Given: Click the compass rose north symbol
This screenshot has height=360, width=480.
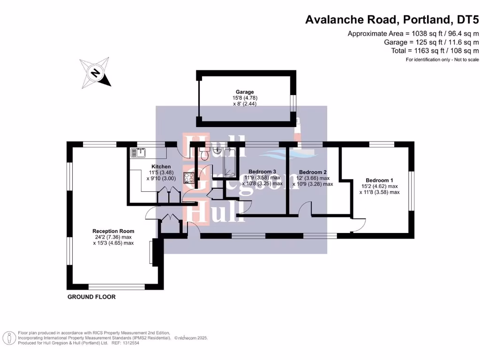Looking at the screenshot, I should tap(96, 73).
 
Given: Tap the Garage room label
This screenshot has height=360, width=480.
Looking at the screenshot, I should tap(245, 92).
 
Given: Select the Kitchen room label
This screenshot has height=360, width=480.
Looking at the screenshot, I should tap(161, 167).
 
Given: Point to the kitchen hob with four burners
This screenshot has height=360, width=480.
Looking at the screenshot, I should tap(189, 178).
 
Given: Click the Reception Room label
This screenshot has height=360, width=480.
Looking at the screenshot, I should tap(113, 231).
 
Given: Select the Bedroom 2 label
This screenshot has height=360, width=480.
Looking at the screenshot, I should tap(312, 172).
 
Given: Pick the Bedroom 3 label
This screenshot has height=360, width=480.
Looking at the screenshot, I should tap(262, 172).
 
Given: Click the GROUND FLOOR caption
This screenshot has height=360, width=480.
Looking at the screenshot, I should tap(91, 297).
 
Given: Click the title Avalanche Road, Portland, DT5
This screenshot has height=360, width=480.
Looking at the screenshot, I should tap(392, 20).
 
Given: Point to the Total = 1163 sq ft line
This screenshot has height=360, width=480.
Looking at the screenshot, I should tap(435, 51).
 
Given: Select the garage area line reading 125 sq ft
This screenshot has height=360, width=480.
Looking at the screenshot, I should tap(431, 42).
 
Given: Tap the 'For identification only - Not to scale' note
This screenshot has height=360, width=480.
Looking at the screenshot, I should tap(442, 60).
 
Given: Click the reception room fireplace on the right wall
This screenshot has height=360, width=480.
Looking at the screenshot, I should tap(151, 253).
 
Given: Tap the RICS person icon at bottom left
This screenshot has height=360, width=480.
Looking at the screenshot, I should tap(8, 337).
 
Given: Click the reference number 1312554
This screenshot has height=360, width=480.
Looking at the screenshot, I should tap(131, 343).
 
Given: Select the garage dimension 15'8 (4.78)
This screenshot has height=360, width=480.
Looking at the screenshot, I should tap(245, 97).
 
